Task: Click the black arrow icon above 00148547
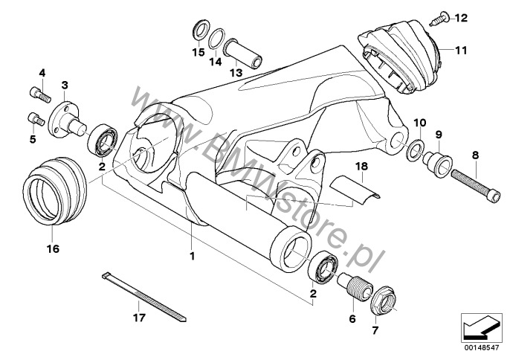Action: [481, 328]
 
